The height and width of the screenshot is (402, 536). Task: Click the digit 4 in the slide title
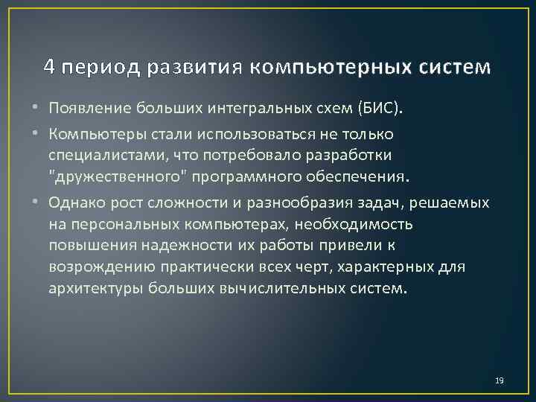click(48, 67)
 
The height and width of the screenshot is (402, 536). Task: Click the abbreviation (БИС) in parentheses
click(380, 110)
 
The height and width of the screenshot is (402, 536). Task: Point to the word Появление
click(90, 110)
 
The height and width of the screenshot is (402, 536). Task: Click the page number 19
click(500, 381)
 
